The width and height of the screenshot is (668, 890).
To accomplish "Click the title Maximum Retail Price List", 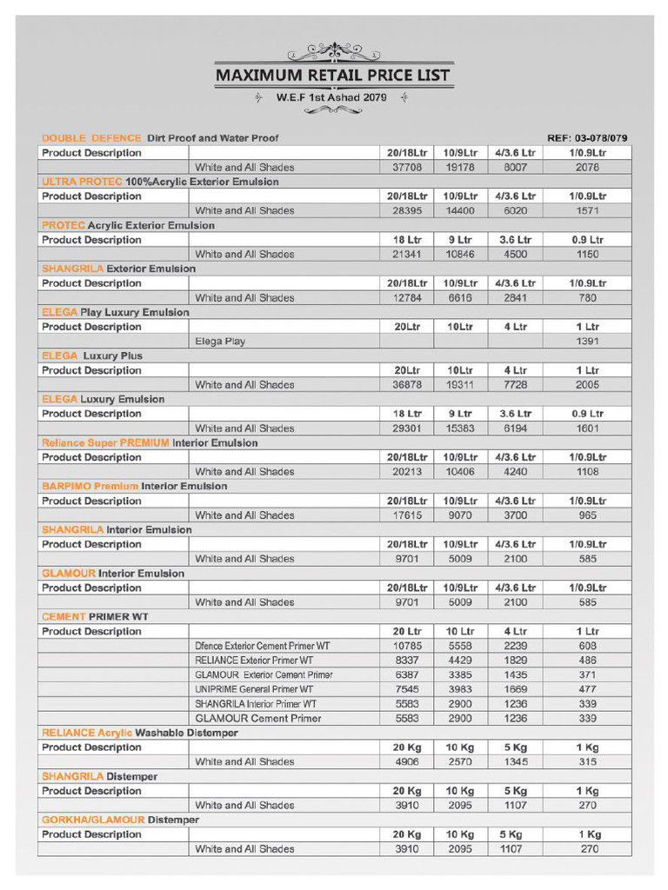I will pyautogui.click(x=333, y=76).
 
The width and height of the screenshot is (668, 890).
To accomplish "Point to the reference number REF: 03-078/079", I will pyautogui.click(x=587, y=138).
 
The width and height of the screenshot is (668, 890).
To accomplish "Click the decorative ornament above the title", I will pyautogui.click(x=333, y=50).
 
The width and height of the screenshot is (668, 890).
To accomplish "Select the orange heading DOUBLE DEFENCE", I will pyautogui.click(x=91, y=138).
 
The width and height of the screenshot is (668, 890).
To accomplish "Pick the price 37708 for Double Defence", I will pyautogui.click(x=407, y=167).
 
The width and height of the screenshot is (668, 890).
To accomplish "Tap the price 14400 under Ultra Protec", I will pyautogui.click(x=460, y=210).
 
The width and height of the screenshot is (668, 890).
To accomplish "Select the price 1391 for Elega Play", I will pyautogui.click(x=587, y=342).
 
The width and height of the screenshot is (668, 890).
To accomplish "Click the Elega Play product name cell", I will pyautogui.click(x=220, y=342).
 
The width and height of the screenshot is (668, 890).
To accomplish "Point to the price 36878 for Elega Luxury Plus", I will pyautogui.click(x=407, y=384).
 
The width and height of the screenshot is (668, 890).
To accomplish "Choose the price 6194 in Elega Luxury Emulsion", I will pyautogui.click(x=515, y=428).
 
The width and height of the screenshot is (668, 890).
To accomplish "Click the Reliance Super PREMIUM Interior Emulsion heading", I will pyautogui.click(x=150, y=442).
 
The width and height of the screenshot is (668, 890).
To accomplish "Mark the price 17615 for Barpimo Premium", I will pyautogui.click(x=407, y=515).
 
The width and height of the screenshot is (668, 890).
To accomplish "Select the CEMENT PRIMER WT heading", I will pyautogui.click(x=95, y=616).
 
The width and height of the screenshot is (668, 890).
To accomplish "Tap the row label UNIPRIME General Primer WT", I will pyautogui.click(x=254, y=689).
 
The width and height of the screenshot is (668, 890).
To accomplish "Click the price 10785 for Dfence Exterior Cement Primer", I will pyautogui.click(x=407, y=646).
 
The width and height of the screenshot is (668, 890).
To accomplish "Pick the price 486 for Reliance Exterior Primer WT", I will pyautogui.click(x=587, y=661).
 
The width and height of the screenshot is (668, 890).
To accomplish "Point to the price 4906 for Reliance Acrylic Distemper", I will pyautogui.click(x=407, y=761).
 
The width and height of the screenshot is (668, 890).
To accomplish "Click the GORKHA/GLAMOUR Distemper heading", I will pyautogui.click(x=120, y=820).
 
